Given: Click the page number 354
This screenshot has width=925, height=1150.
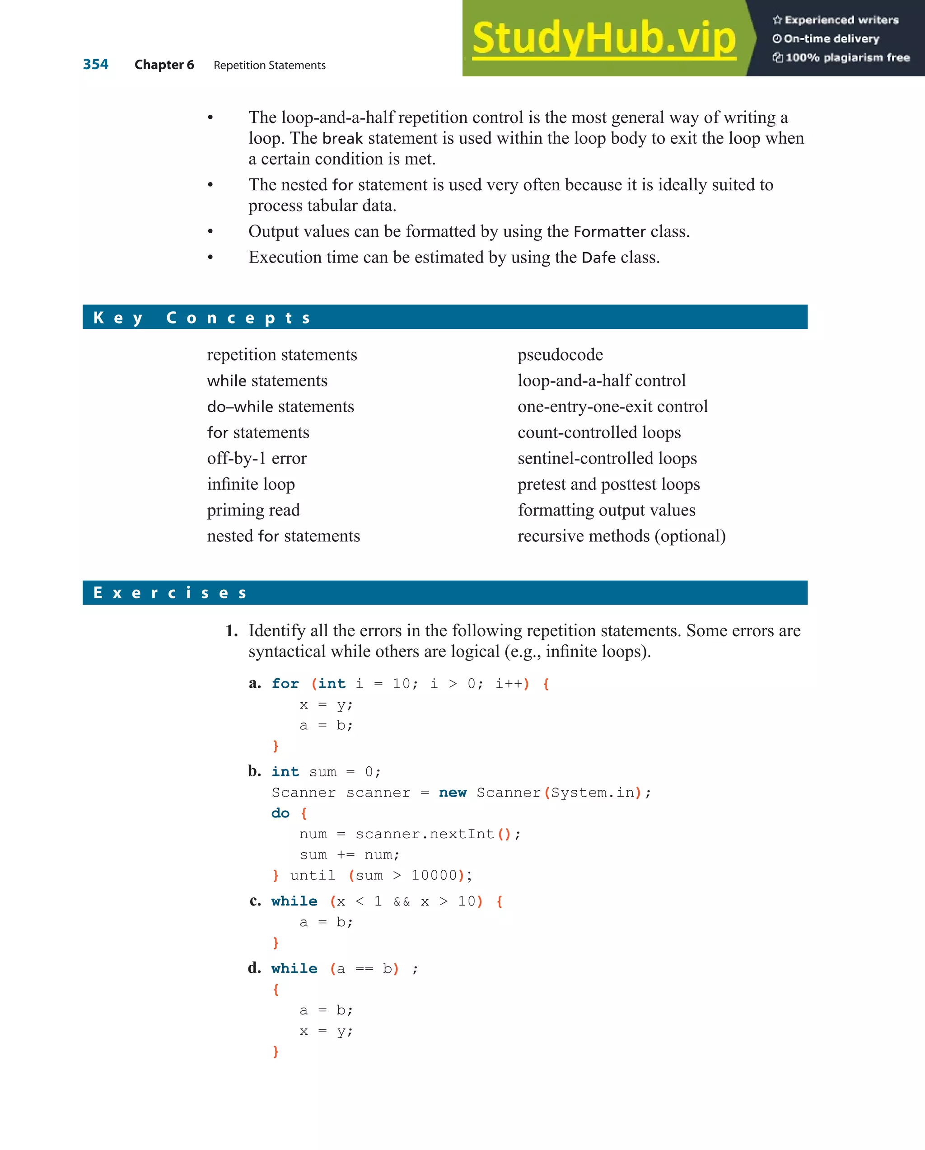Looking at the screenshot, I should point(95,65).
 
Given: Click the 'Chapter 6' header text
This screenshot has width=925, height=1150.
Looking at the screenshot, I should point(164,65).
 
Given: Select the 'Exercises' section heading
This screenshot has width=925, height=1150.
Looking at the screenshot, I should point(169,592).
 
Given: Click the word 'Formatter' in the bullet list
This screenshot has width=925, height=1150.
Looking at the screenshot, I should point(609,231).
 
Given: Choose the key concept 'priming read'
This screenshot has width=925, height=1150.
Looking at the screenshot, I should point(253,510).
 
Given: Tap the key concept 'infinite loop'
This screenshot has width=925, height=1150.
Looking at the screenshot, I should point(251,484).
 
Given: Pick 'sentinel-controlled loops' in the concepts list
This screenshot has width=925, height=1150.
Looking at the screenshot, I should point(607,458).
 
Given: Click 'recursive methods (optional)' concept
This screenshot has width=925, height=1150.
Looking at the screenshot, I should point(621,536).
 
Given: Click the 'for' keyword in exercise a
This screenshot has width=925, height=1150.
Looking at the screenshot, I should point(285,684).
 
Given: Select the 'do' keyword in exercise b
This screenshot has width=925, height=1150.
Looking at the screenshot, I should point(280,813).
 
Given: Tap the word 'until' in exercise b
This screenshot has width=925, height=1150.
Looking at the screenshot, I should point(313,875).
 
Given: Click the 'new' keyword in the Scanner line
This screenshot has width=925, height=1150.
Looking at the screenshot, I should point(452,793).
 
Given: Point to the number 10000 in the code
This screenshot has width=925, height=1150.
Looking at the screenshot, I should point(434,875).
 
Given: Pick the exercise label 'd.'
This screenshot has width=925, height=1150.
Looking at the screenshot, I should point(254,967).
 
